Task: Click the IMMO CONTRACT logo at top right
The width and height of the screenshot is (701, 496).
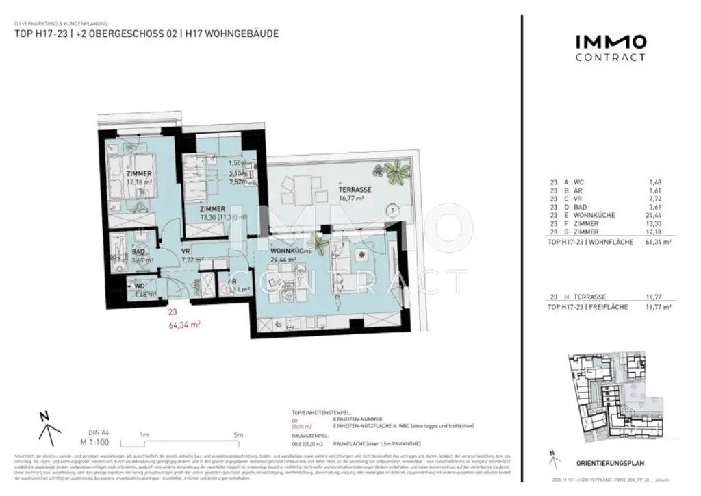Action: (609, 48)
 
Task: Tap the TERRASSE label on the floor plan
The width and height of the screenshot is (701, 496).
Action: (354, 189)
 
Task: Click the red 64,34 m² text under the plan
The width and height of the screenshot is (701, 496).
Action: (184, 326)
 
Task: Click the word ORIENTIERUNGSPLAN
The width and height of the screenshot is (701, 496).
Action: (605, 462)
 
